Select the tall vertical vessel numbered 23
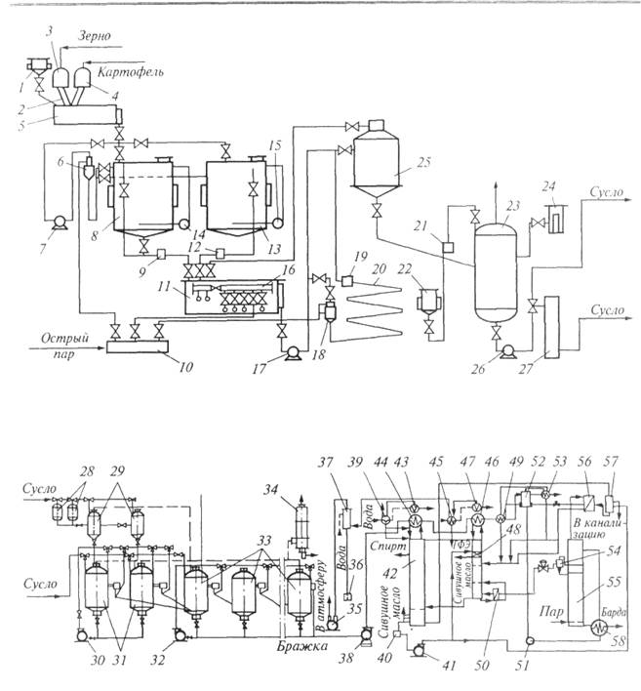[x=493, y=268]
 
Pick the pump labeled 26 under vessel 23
[x=503, y=347]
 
